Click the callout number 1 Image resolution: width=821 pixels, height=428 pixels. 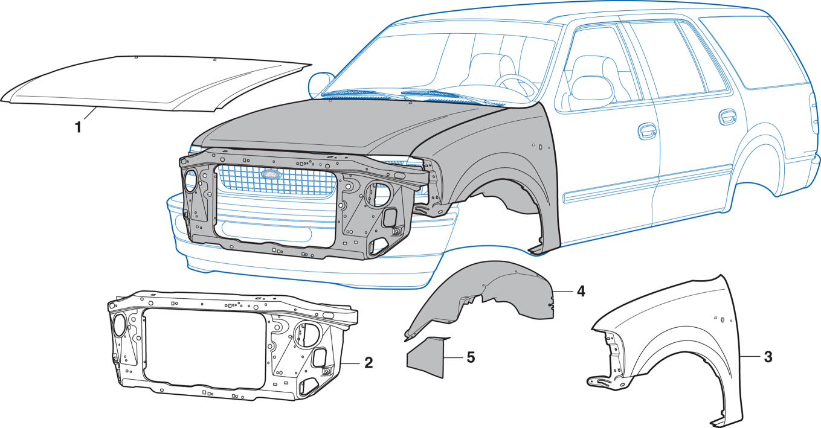click(x=77, y=127)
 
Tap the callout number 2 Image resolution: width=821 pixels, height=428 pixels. click(x=368, y=363)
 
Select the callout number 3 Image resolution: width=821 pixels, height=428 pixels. click(x=767, y=357)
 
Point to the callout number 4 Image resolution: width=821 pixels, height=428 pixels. click(x=580, y=291)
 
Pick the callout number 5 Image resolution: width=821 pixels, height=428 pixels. click(x=471, y=357)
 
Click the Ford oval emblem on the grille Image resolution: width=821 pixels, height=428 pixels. click(x=271, y=174)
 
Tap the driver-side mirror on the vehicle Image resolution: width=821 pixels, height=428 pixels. click(x=320, y=85)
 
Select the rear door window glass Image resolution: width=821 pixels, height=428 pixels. click(x=658, y=57)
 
